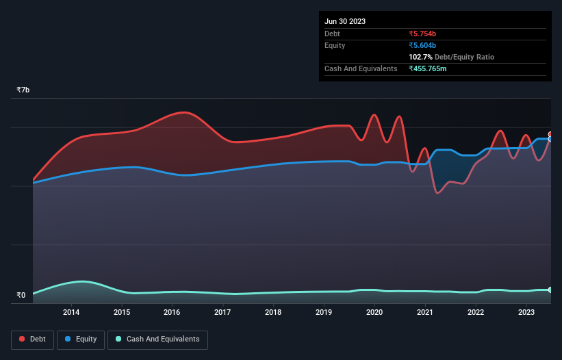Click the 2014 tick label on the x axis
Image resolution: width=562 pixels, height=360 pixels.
point(71,313)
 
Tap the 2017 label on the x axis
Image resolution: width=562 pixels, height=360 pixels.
point(222,313)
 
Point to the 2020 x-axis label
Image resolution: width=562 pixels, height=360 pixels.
point(374,313)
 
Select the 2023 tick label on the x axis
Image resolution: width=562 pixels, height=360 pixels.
point(526,313)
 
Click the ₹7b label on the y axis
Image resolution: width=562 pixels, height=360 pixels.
point(23,90)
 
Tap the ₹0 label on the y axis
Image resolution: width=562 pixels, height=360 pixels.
point(21,296)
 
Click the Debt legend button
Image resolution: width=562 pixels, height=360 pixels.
point(32,339)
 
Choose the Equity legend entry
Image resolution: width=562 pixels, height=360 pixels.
point(81,339)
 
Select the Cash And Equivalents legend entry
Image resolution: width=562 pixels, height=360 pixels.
point(157,339)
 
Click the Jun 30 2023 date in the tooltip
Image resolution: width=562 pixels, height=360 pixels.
point(345,21)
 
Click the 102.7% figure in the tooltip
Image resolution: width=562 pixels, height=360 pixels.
point(420,57)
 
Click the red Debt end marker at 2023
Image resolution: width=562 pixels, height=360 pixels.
point(550,135)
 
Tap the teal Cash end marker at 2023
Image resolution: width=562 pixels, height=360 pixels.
point(550,290)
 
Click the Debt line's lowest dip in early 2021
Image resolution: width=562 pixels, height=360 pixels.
point(437,193)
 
